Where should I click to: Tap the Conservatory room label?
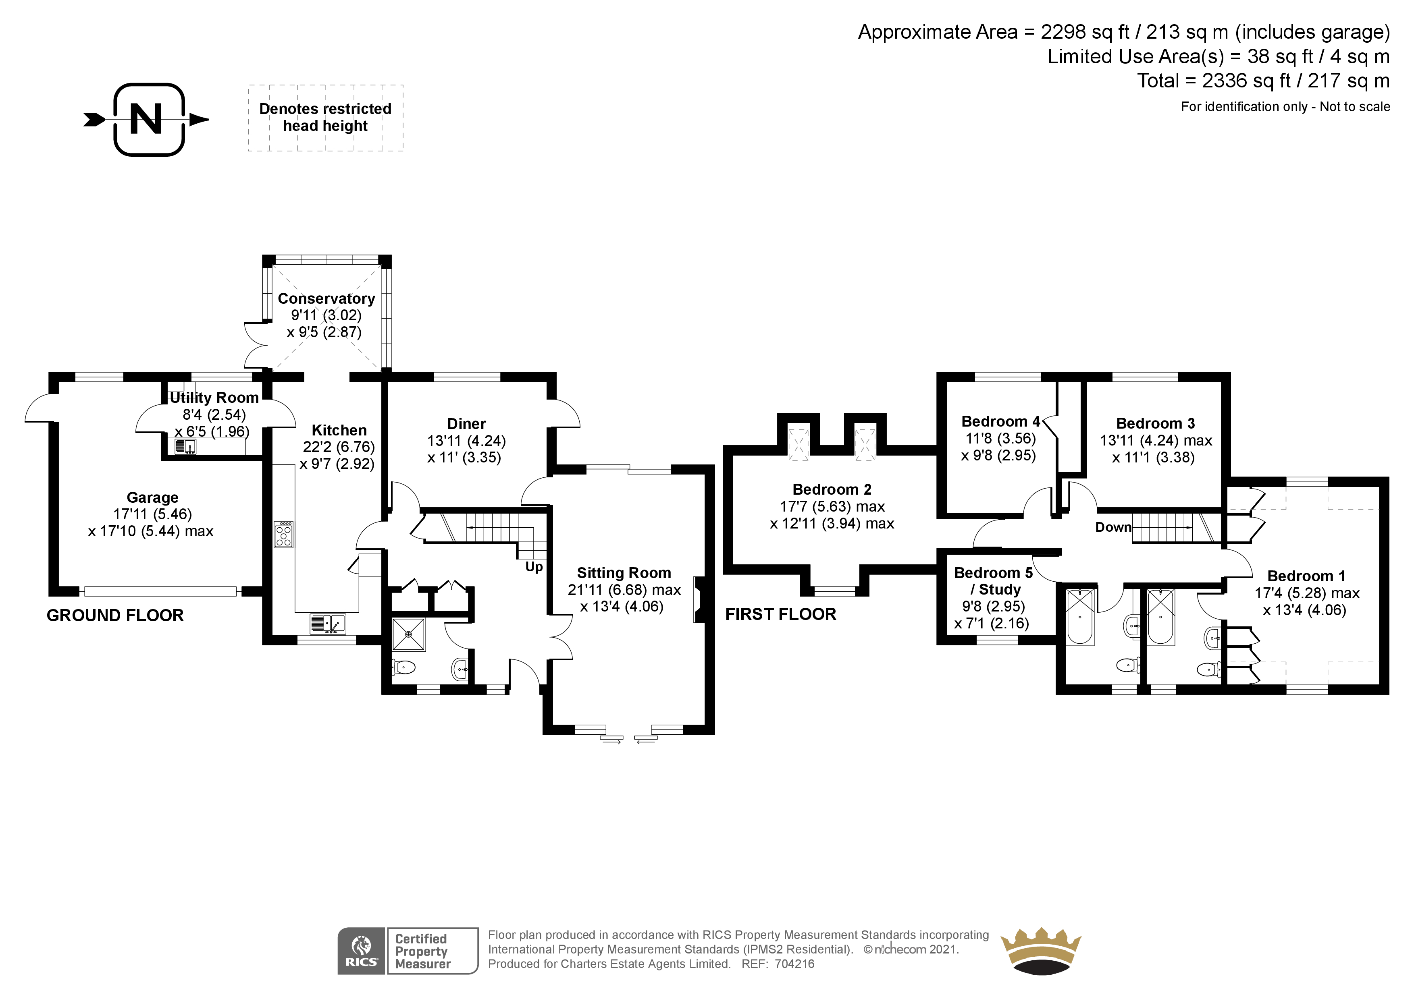(x=326, y=298)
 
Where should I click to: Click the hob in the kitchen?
(x=284, y=534)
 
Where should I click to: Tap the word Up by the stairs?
(x=534, y=566)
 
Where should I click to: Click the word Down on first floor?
(x=1113, y=527)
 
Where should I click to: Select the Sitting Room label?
(x=623, y=573)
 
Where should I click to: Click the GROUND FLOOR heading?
(x=115, y=615)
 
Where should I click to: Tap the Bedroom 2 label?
(x=832, y=489)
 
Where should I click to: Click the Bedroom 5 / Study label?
(x=993, y=580)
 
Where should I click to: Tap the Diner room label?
(x=466, y=424)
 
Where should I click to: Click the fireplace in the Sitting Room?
(x=699, y=599)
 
